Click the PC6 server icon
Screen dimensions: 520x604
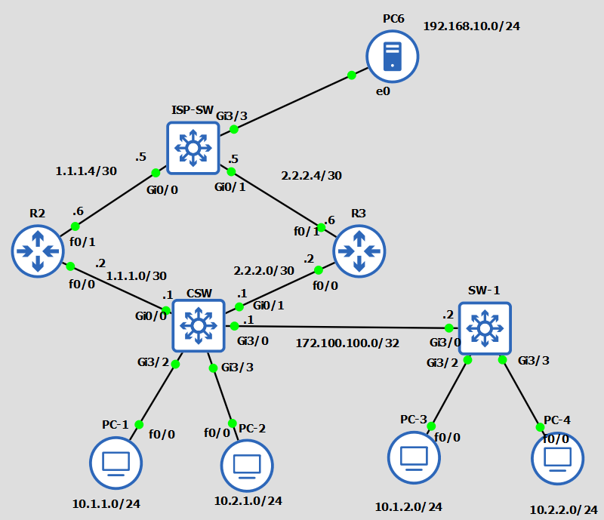392,57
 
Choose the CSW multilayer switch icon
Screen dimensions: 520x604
199,325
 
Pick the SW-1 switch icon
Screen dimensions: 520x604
484,328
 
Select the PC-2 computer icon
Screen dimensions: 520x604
247,465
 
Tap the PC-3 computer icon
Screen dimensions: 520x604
414,457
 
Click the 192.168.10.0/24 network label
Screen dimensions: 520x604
471,26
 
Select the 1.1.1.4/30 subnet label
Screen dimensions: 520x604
86,171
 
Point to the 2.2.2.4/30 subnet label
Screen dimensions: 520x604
311,176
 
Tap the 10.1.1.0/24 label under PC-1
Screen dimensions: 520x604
106,503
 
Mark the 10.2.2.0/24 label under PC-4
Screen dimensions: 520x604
563,509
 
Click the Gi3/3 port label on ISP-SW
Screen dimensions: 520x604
232,115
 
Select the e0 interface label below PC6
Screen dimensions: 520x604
384,91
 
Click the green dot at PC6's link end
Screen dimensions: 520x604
352,75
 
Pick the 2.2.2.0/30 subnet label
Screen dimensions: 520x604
263,270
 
